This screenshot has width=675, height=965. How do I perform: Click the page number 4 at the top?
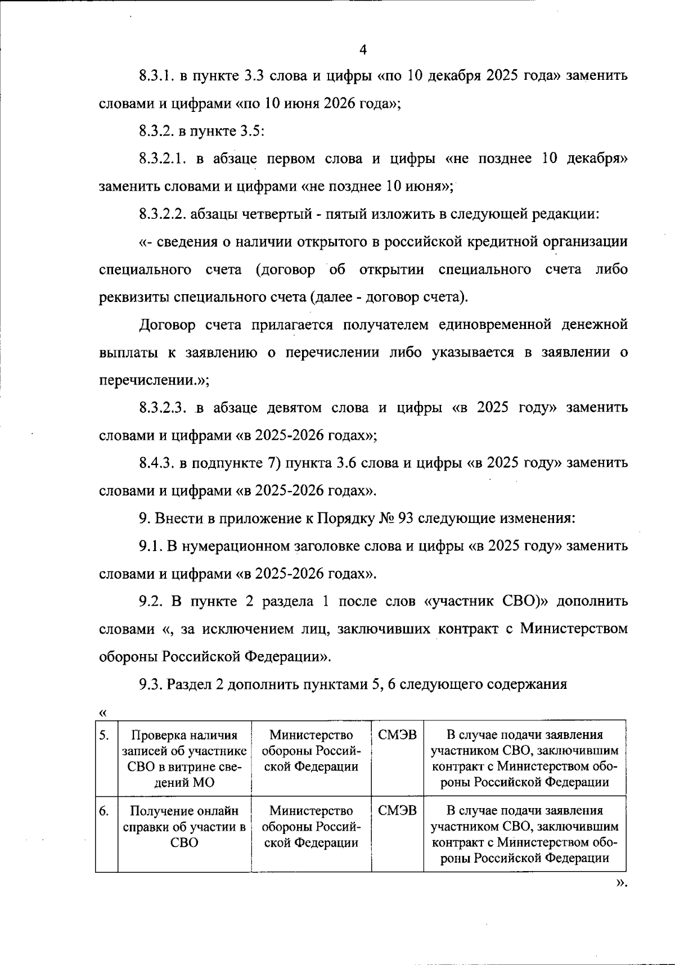tap(362, 50)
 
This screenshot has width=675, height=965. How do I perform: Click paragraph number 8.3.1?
tap(156, 76)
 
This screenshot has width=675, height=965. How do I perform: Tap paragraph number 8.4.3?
tap(156, 463)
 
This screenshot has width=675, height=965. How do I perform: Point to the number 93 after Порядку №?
tap(406, 518)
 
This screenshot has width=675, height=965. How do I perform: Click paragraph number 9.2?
tap(151, 601)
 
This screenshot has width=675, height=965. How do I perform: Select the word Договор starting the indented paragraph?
tap(167, 325)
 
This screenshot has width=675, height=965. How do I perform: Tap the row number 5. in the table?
tap(104, 736)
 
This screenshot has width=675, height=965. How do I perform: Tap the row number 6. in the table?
tap(104, 811)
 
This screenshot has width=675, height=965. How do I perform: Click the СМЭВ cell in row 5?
tap(397, 736)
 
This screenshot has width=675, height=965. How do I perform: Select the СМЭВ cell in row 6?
tap(397, 811)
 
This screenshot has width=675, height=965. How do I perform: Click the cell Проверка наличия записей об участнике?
tap(184, 758)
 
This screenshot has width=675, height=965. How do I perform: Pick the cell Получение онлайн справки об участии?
tap(184, 827)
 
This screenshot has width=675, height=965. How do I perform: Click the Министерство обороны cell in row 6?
tap(311, 827)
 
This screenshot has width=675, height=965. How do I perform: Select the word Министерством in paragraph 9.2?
tap(573, 629)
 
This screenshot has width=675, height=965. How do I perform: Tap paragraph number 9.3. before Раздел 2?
tap(151, 684)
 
